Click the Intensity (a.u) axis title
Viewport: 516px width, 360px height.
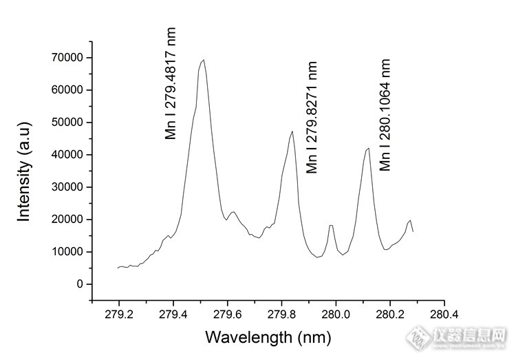tap(25, 173)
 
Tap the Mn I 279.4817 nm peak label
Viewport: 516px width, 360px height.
tap(171, 83)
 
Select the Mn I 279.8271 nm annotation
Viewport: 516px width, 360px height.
tap(312, 117)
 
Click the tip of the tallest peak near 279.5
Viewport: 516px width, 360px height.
tap(204, 60)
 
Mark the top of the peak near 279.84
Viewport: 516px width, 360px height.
tap(292, 131)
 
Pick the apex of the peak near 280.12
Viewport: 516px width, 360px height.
tap(369, 148)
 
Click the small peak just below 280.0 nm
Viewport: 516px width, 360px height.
tap(332, 225)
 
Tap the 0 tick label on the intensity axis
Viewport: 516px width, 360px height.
tap(80, 284)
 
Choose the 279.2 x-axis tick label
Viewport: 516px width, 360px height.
tap(118, 315)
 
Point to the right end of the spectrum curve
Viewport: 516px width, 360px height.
tap(413, 232)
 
